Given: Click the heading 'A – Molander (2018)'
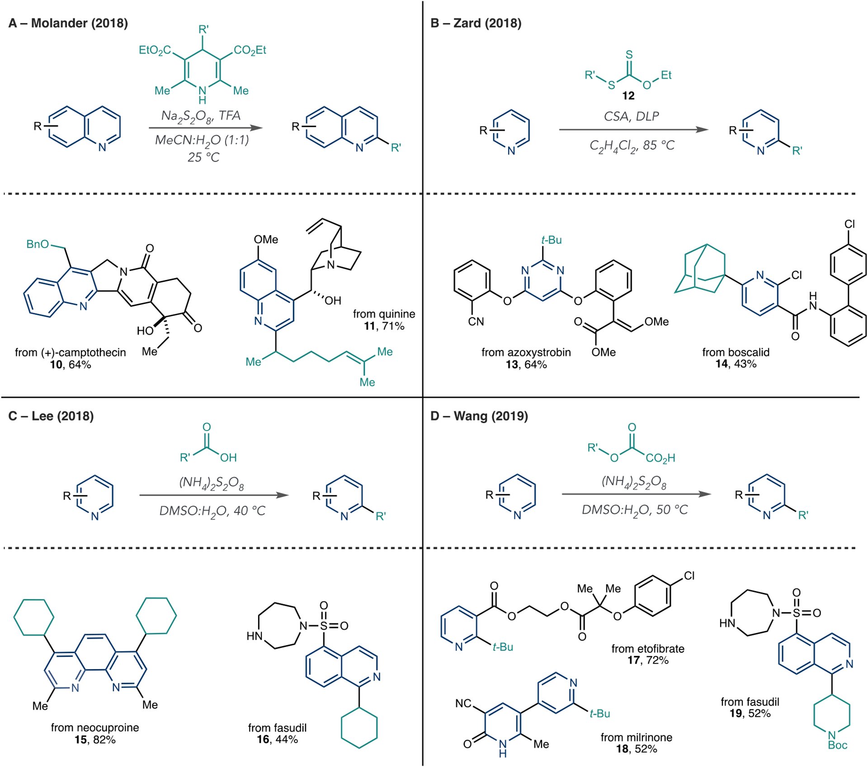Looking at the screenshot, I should coord(68,23).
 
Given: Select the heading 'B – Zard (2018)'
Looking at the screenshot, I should coord(476,23).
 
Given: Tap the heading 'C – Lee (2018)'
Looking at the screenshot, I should coord(51,416).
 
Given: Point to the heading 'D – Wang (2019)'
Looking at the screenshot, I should coord(479,416).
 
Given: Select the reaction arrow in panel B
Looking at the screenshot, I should coord(633,130).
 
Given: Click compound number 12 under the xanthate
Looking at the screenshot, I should coord(628,96).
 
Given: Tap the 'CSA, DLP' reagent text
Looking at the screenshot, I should coord(631,117).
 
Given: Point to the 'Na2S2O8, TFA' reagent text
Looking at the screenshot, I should coord(201,116).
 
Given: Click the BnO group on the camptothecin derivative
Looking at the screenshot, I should coord(38,244).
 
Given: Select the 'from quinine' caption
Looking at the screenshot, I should coord(384,314).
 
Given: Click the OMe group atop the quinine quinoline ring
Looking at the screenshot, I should coord(266,239).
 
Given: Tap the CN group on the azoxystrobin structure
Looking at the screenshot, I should coord(476,322).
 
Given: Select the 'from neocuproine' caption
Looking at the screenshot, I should coord(94,727).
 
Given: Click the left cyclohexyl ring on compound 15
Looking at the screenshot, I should coord(34,617).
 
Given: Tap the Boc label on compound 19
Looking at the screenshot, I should coord(837,745).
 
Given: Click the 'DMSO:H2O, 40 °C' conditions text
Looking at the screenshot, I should coord(212,511).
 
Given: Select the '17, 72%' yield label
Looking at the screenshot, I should coord(647,660).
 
